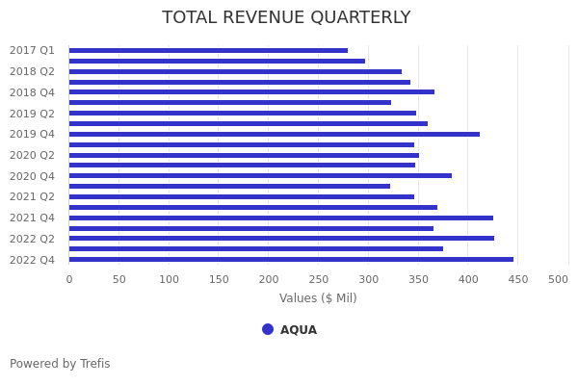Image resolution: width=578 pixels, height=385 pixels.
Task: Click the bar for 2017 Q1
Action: pyautogui.click(x=208, y=50)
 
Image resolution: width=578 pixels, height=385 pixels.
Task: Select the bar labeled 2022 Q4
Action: pyautogui.click(x=291, y=259)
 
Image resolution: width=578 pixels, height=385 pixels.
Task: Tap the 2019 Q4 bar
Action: pyautogui.click(x=275, y=134)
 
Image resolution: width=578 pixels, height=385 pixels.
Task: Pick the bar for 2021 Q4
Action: pyautogui.click(x=281, y=218)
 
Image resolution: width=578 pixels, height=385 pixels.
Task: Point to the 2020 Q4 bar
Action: pyautogui.click(x=260, y=175)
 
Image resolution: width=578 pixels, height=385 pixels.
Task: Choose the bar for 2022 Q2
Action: pyautogui.click(x=281, y=238)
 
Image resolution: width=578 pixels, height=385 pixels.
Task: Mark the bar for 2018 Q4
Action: pyautogui.click(x=251, y=92)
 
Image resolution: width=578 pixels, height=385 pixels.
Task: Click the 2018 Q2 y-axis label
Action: pyautogui.click(x=32, y=71)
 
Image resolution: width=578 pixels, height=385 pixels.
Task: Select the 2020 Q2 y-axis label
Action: pyautogui.click(x=32, y=155)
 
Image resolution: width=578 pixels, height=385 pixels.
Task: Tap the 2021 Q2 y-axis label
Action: pyautogui.click(x=32, y=196)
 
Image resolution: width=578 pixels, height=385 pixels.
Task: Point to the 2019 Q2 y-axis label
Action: pyautogui.click(x=32, y=114)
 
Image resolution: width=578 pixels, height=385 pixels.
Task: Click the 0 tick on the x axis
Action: pyautogui.click(x=68, y=279)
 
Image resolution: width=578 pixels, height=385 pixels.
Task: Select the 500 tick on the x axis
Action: pyautogui.click(x=559, y=279)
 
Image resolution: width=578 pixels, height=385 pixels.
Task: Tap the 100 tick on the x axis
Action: pyautogui.click(x=169, y=279)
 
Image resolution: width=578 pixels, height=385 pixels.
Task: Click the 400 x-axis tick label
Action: pyautogui.click(x=468, y=279)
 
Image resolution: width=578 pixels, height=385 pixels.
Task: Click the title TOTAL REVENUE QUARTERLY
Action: pyautogui.click(x=286, y=17)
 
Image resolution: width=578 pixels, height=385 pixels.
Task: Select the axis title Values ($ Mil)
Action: pyautogui.click(x=318, y=298)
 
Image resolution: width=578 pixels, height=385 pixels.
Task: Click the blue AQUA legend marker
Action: pyautogui.click(x=268, y=329)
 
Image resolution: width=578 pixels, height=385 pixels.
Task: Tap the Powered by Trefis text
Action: pyautogui.click(x=60, y=364)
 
